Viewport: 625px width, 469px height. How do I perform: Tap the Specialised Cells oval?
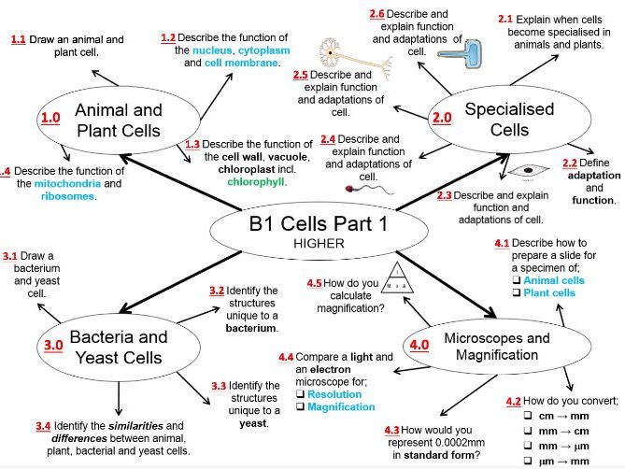pos(509,119)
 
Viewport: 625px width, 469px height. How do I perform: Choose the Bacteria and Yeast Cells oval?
pos(119,347)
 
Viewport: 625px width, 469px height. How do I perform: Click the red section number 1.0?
pos(50,118)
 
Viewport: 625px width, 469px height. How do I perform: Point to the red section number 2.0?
pos(442,118)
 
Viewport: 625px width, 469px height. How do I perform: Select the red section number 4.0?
pos(418,345)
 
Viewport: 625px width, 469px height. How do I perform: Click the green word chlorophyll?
pos(254,182)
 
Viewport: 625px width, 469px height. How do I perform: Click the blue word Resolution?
pos(334,394)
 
